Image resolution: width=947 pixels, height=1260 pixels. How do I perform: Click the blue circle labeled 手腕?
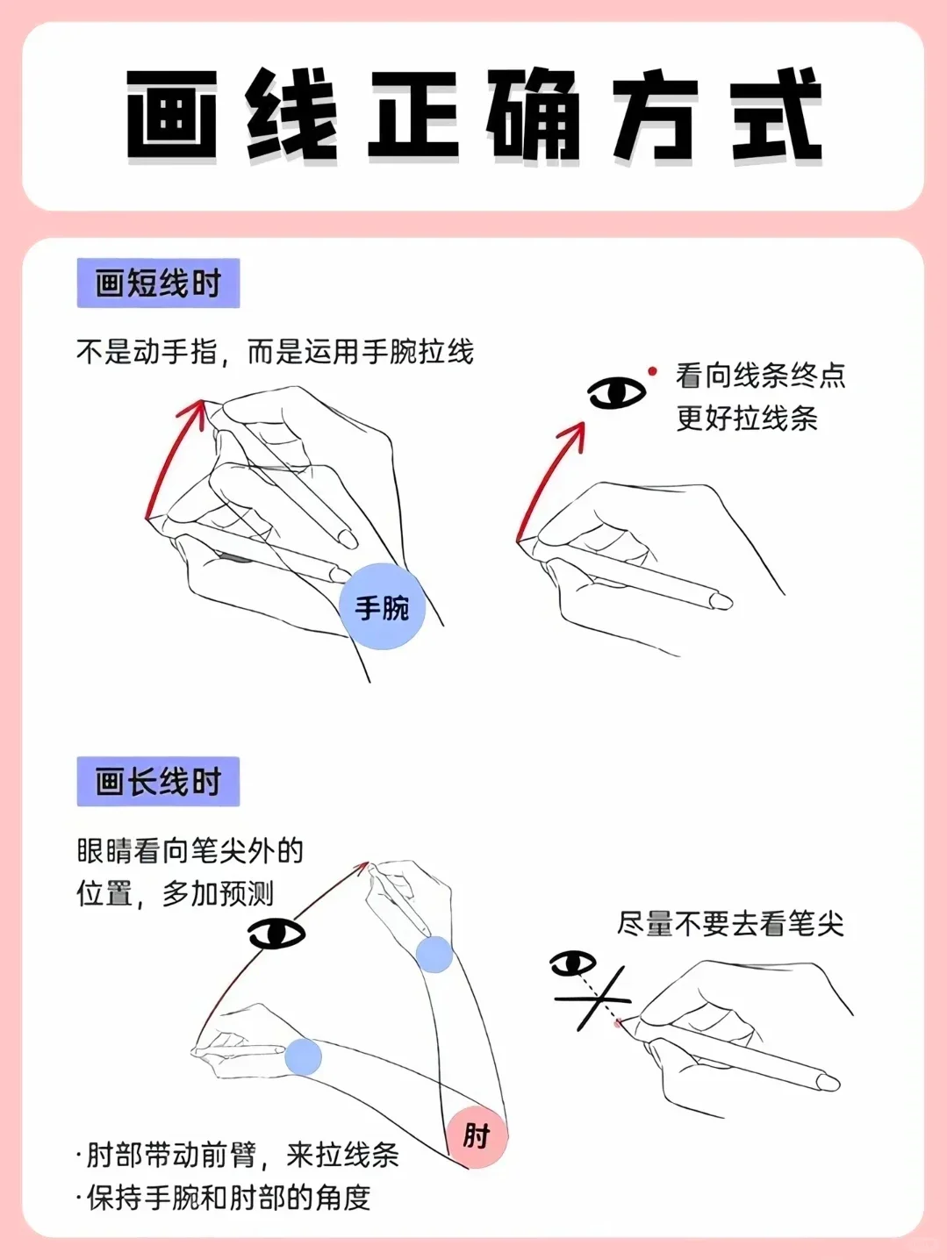tap(382, 606)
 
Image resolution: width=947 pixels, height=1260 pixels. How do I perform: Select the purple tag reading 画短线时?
tap(158, 283)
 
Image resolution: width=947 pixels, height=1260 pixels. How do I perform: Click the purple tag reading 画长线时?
tap(158, 781)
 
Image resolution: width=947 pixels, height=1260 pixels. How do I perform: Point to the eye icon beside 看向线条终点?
tap(616, 393)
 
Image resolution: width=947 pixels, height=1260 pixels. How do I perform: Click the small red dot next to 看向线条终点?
tap(652, 371)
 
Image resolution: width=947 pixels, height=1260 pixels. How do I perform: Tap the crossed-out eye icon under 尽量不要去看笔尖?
tap(573, 963)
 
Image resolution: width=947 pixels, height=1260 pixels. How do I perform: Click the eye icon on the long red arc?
tap(276, 934)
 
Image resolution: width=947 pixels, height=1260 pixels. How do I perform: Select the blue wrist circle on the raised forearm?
tap(434, 954)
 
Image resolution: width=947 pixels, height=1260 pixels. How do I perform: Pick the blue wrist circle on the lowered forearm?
tap(303, 1056)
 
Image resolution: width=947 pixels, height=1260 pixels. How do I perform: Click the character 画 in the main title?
tap(172, 114)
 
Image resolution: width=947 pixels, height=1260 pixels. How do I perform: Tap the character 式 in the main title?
tap(777, 114)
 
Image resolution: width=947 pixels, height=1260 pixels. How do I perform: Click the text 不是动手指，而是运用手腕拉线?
tap(275, 351)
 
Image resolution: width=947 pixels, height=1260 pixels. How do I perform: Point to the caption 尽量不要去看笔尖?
tap(730, 924)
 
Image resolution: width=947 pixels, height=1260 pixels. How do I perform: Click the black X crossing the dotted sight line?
tap(595, 1000)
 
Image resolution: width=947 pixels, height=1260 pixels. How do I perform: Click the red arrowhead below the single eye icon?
tap(575, 436)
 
